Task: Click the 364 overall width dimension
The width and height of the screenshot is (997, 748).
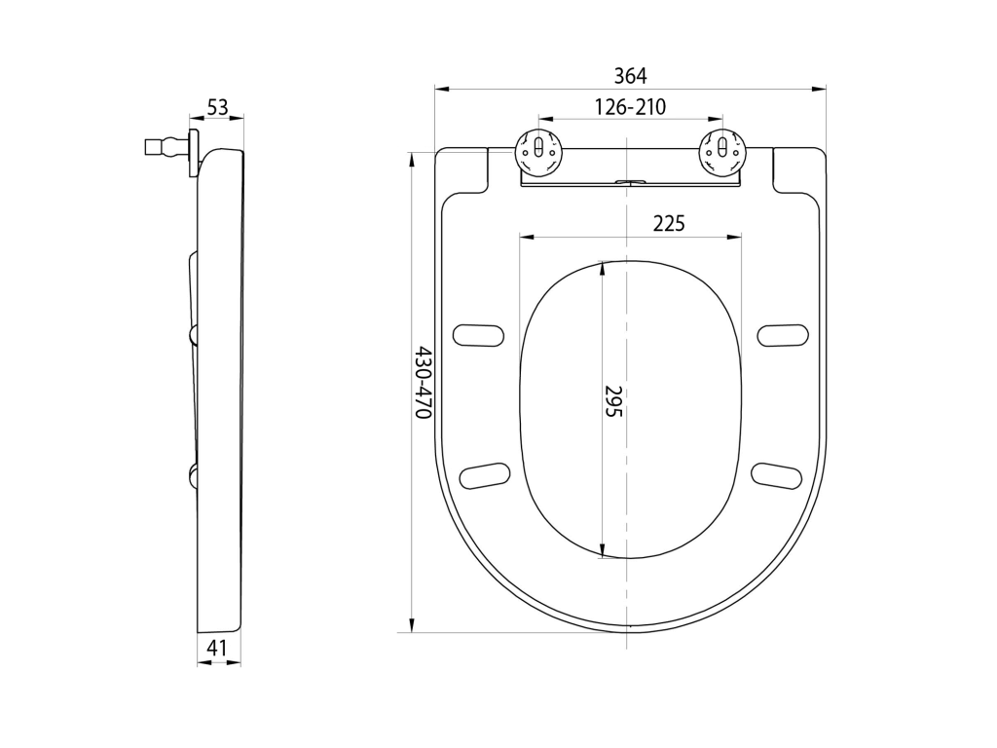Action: [630, 76]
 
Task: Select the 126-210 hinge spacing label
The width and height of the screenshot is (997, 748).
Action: [630, 107]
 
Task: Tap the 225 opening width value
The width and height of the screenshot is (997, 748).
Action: [669, 223]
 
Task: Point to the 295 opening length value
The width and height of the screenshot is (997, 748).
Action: [613, 400]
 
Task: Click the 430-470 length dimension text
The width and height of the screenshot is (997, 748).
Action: [424, 383]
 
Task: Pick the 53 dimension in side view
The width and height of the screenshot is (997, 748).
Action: [217, 107]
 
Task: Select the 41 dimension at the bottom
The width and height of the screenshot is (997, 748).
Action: [217, 648]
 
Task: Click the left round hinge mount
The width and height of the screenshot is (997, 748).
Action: [538, 151]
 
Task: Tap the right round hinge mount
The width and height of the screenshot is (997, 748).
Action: [722, 151]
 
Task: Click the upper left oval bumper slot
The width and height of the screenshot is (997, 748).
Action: [478, 336]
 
